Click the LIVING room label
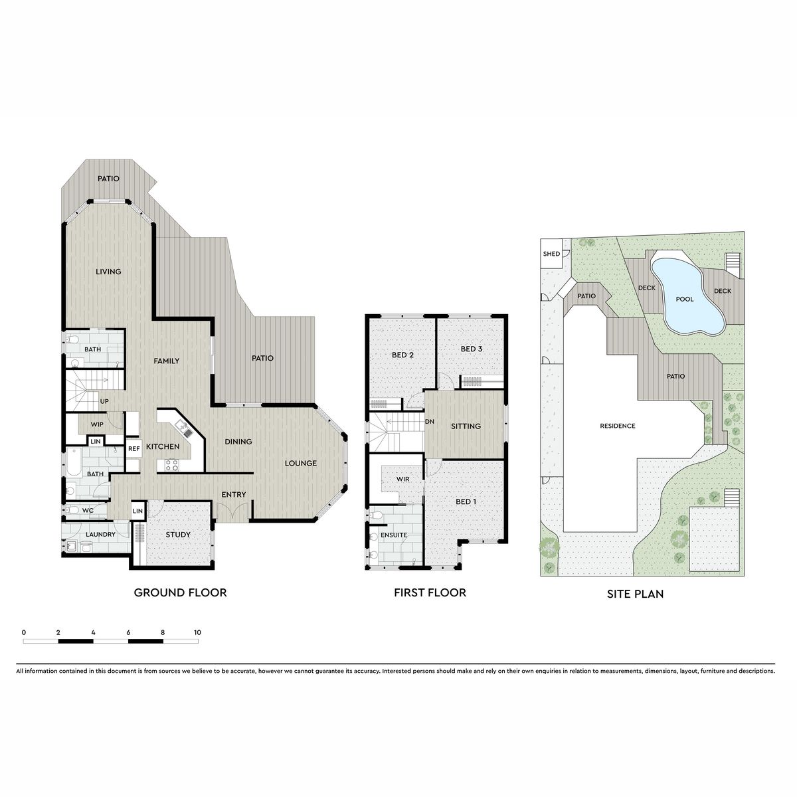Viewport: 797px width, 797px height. point(108,272)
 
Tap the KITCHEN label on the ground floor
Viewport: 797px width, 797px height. point(163,447)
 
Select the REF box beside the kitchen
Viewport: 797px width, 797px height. point(133,449)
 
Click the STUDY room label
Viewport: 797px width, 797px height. point(178,535)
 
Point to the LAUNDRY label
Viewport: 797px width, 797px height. point(100,535)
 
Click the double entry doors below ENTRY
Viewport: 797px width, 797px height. point(233,511)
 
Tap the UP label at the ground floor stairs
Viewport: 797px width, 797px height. point(104,401)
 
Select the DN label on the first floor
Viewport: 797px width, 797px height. point(430,422)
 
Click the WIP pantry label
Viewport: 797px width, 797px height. point(97,424)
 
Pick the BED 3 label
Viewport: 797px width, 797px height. point(472,349)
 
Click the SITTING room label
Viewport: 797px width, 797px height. point(466,426)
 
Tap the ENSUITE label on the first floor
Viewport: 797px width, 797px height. point(394,535)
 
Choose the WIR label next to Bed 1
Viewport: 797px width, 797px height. point(402,479)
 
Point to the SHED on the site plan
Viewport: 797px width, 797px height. point(551,254)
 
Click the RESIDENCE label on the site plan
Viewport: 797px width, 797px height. point(618,426)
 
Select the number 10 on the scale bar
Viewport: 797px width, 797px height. point(197,632)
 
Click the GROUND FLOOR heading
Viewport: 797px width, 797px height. point(181,592)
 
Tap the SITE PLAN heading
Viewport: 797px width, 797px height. point(636,594)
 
